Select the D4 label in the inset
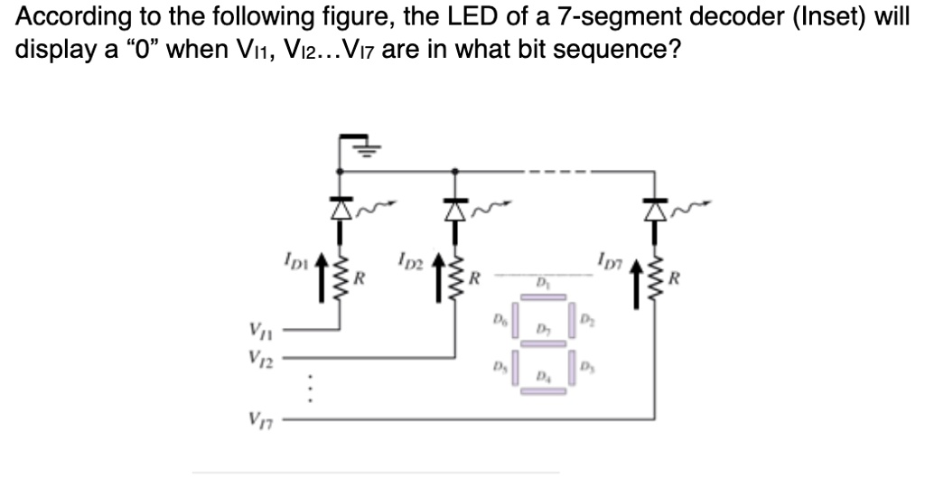click(x=541, y=374)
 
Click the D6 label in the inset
click(x=498, y=317)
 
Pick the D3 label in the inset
click(x=586, y=366)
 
